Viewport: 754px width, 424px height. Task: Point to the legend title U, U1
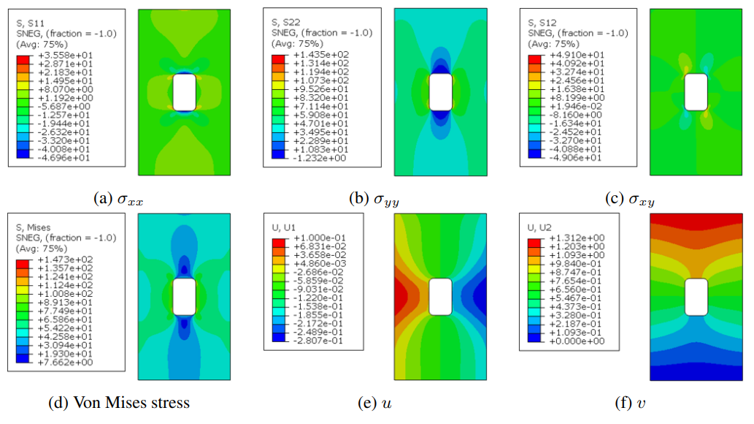click(x=285, y=228)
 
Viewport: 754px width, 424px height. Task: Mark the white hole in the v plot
click(x=696, y=297)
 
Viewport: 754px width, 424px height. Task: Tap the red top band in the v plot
click(x=696, y=221)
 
